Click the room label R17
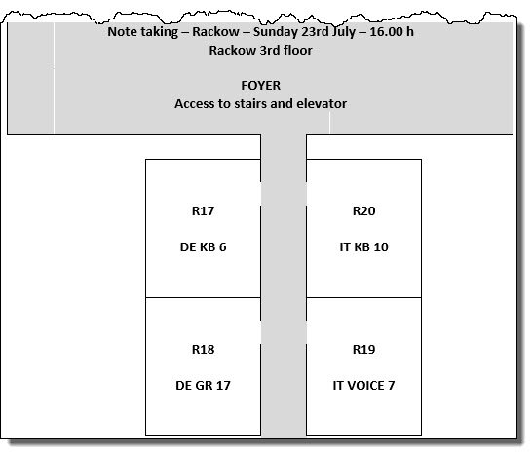tap(203, 211)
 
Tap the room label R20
tap(363, 211)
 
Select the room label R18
tap(203, 350)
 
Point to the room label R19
tap(363, 350)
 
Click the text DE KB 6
tap(203, 247)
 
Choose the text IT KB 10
tap(363, 247)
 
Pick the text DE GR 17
tap(203, 386)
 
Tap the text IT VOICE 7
tap(363, 386)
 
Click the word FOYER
tap(260, 86)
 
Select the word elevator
tap(322, 104)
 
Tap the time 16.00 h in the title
tap(392, 32)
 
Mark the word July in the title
tap(343, 32)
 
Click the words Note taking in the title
tap(143, 32)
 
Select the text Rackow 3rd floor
tap(260, 51)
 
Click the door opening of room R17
tap(260, 194)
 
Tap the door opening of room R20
tap(306, 194)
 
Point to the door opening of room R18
tap(260, 332)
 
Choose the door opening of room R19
tap(306, 332)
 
